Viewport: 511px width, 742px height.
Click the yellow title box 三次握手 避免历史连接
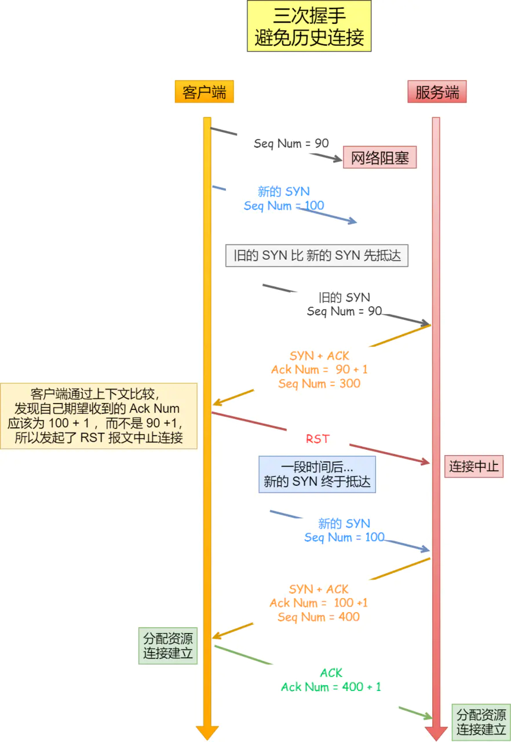(x=309, y=26)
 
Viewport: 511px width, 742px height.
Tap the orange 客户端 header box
(x=204, y=92)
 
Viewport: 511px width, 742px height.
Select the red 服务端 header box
(x=437, y=92)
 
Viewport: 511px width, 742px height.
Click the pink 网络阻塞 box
(x=380, y=157)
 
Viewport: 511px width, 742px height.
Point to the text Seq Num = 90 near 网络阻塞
(x=291, y=143)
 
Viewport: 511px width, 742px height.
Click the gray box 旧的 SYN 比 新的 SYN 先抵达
(x=317, y=255)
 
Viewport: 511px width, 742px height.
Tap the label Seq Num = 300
(x=319, y=383)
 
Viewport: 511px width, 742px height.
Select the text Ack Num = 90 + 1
(x=319, y=369)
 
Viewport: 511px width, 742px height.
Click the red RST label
(x=317, y=439)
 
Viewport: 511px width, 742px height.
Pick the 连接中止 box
(x=474, y=466)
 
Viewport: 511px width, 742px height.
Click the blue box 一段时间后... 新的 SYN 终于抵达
(x=317, y=474)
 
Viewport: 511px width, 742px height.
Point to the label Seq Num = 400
(x=319, y=617)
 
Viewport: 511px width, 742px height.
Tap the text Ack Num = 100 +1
(x=319, y=603)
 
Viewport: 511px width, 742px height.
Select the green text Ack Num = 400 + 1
(x=331, y=687)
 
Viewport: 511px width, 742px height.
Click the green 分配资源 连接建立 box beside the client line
(x=168, y=646)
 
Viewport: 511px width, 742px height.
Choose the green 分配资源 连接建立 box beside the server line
(x=481, y=722)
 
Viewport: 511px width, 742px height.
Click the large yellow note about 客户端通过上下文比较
(x=98, y=416)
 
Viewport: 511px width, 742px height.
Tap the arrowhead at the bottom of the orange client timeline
(x=207, y=732)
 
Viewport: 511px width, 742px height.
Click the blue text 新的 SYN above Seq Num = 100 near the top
(x=284, y=191)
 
